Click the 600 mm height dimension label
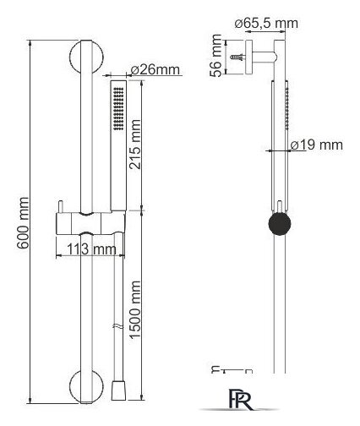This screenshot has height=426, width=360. point(23,223)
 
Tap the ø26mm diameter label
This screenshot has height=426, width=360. point(155,69)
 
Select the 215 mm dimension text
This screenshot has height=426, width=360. point(134,145)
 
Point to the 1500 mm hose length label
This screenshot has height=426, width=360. point(134,310)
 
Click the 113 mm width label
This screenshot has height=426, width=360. point(91,249)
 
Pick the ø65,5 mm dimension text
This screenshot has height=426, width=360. point(266,23)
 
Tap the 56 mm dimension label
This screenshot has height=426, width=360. point(216,56)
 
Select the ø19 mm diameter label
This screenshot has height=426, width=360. point(317,145)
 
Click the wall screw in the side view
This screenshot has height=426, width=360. point(238,57)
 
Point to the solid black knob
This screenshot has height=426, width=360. point(280,223)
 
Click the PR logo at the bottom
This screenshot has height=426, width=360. point(240,399)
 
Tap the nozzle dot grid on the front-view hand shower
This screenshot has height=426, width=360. point(118,109)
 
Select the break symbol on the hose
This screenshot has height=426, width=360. point(118,327)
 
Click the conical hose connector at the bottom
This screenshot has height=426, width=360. point(118,390)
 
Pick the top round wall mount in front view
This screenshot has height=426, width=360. point(86,57)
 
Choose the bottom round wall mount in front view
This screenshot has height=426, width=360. point(86,386)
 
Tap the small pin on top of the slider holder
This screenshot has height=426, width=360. point(60,207)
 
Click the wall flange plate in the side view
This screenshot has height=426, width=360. point(249,57)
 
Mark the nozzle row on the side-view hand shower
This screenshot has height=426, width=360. point(287,109)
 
